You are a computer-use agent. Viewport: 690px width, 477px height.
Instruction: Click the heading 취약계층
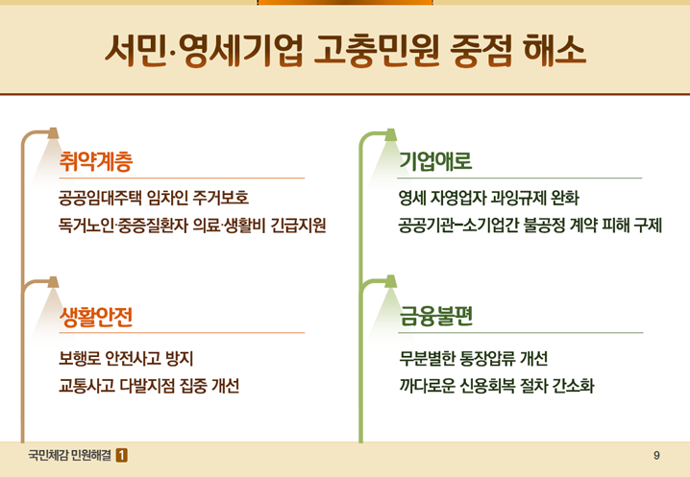(96, 161)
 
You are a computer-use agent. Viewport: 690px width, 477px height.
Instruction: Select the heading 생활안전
(96, 317)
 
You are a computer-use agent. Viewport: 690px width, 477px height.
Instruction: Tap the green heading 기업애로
(435, 161)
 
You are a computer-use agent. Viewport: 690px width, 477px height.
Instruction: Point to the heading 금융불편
(436, 316)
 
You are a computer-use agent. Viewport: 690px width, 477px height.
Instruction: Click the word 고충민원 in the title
(377, 51)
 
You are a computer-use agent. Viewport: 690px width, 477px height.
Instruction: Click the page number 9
(656, 456)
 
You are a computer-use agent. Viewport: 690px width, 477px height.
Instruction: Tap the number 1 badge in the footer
(122, 456)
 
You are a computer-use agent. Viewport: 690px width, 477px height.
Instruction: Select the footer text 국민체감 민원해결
(69, 456)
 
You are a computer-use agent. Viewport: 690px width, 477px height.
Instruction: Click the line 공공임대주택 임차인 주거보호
(154, 198)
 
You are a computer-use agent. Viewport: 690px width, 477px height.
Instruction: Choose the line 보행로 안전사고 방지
(126, 359)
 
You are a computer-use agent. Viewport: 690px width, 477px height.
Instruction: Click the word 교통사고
(86, 386)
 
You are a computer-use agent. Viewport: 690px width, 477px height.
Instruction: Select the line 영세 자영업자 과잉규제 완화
(489, 198)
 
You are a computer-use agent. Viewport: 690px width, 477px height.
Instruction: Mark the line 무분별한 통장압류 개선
(474, 359)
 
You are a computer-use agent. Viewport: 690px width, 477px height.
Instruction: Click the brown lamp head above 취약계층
(53, 133)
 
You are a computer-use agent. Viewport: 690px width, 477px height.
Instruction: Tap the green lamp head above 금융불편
(391, 281)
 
